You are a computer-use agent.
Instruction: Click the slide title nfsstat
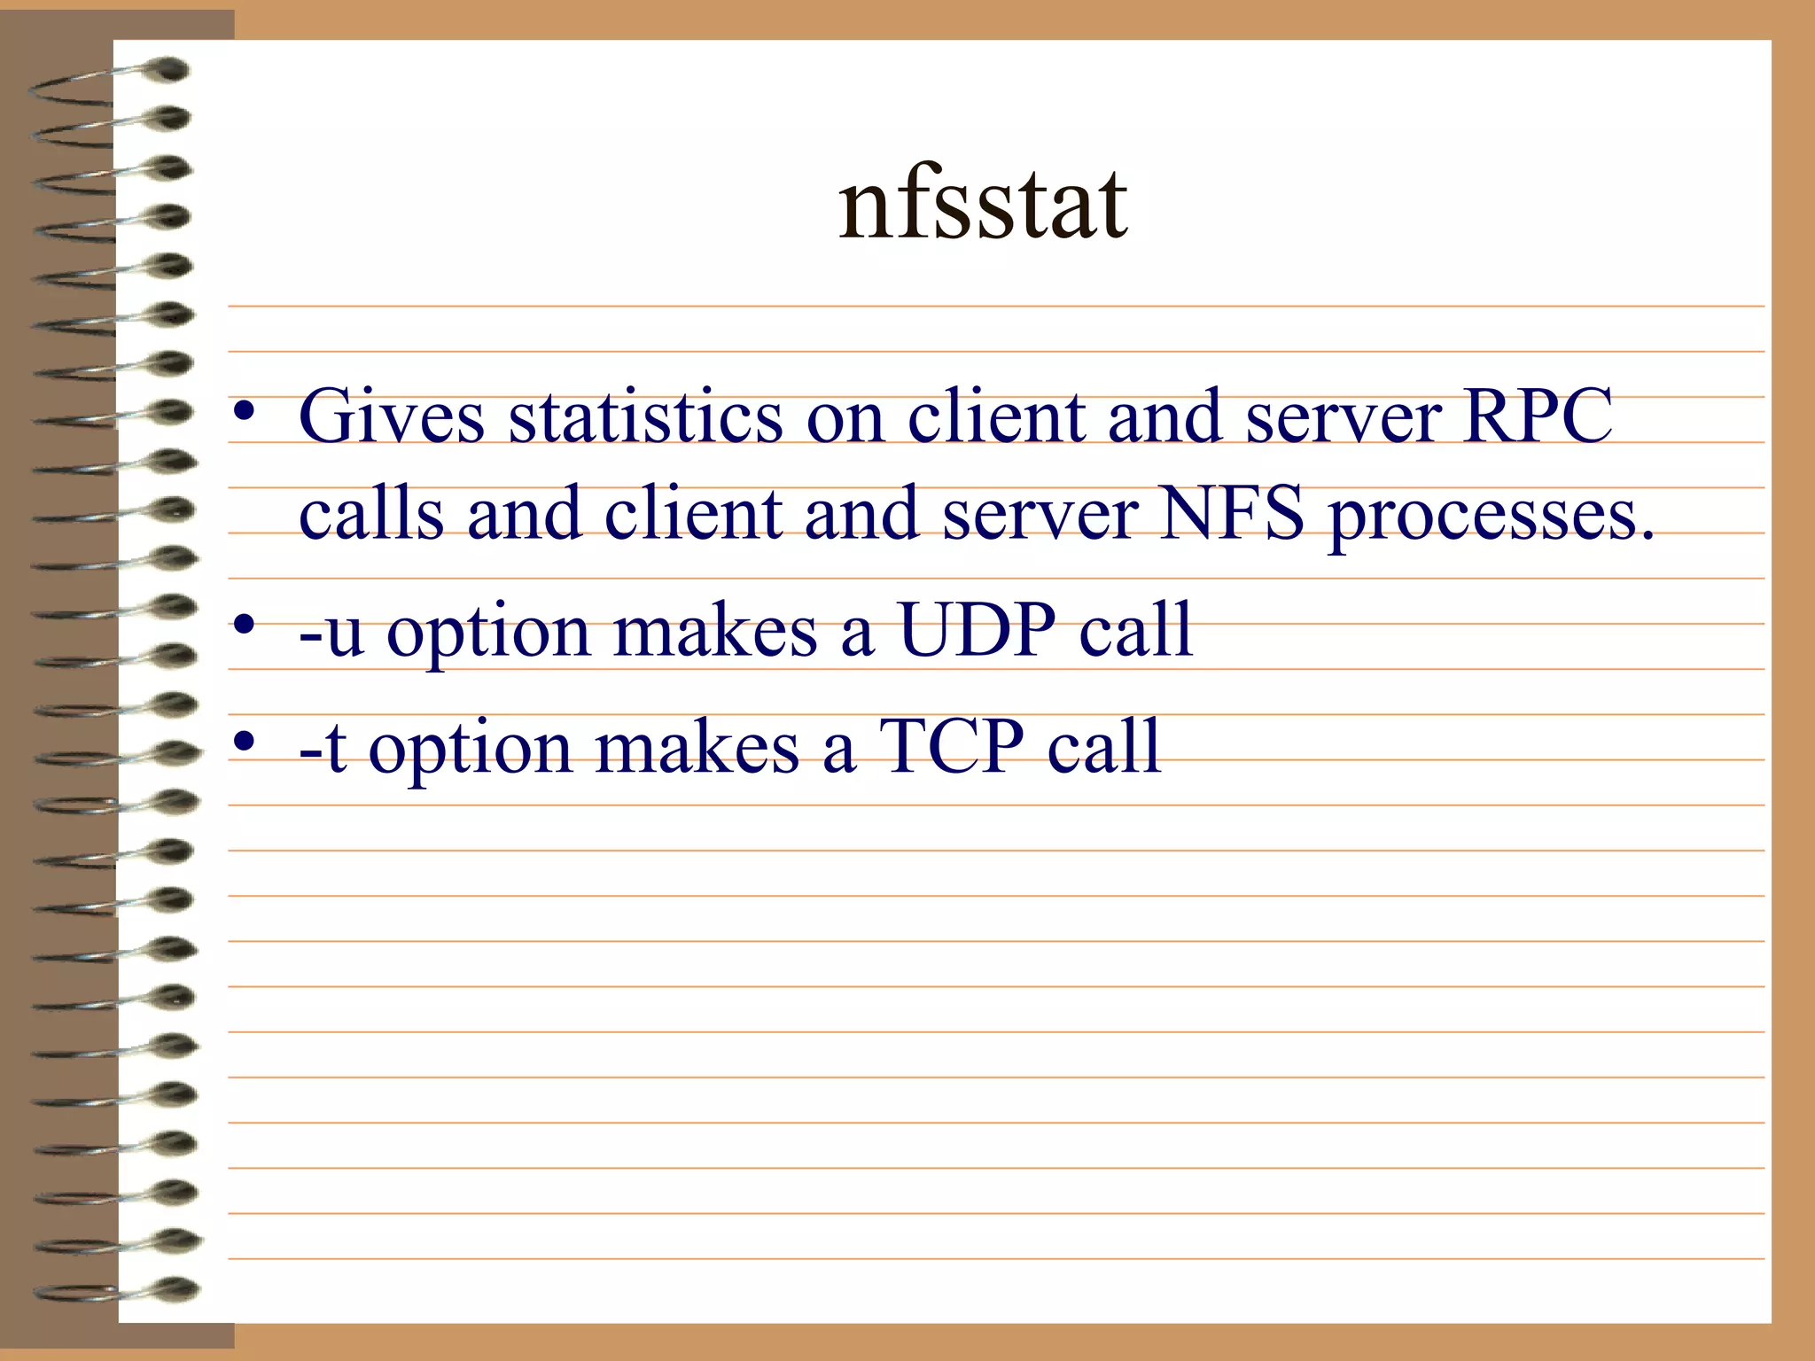983,206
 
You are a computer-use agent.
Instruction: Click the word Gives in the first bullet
391,416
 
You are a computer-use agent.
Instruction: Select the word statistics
645,416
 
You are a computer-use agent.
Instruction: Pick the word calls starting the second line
370,513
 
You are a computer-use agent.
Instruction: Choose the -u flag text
331,631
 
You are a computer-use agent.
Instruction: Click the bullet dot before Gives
245,412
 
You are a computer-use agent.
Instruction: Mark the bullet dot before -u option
245,626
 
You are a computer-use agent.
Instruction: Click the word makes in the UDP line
715,631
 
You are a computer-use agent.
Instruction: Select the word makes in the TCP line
697,747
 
